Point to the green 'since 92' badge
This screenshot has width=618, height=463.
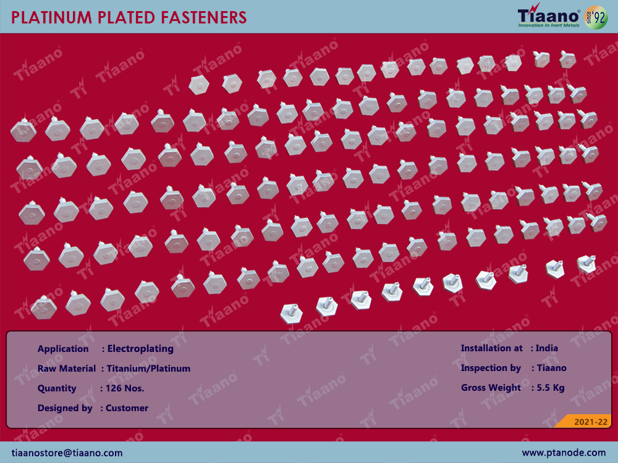point(596,17)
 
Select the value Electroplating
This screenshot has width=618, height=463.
point(140,349)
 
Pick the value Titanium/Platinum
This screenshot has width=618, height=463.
point(148,369)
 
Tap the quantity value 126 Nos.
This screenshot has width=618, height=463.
point(125,388)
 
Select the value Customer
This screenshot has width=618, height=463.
point(127,408)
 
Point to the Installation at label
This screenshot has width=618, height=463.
point(492,348)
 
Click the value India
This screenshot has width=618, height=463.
point(547,348)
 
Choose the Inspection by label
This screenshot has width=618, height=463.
point(491,368)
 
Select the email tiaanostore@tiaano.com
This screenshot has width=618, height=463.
point(67,453)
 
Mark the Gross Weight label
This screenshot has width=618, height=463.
point(491,388)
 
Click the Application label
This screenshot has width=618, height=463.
point(63,349)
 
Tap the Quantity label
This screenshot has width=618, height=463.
point(57,388)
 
